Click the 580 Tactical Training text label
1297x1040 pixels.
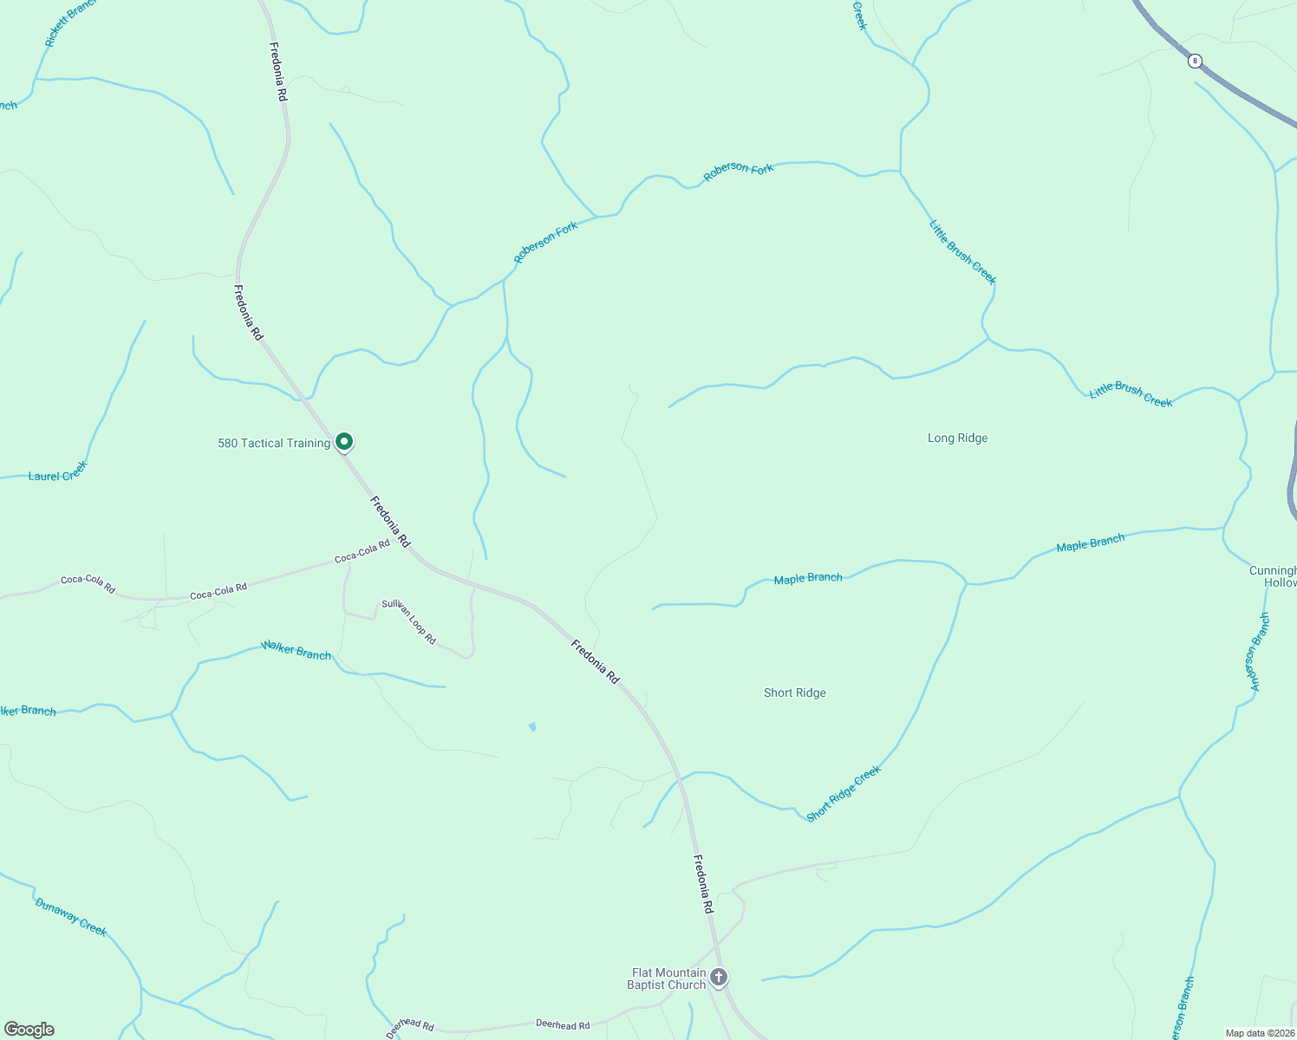274,443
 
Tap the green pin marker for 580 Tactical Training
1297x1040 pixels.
344,442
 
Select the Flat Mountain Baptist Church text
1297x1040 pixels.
667,978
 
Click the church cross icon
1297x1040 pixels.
719,978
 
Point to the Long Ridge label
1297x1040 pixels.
957,438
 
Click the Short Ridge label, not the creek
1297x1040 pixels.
794,692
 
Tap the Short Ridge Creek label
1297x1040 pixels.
844,793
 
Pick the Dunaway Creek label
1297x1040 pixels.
71,917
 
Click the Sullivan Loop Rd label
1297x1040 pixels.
409,621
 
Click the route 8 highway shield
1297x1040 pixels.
1195,61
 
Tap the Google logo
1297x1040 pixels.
29,1030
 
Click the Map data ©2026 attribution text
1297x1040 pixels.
1259,1033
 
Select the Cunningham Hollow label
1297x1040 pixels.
1273,576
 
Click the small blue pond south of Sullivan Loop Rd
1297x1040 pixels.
531,726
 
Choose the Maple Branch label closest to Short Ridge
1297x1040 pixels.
807,578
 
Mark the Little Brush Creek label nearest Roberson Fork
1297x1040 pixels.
962,252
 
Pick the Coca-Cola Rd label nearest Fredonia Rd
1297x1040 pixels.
362,551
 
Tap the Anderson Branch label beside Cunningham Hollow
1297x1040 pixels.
1258,652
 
